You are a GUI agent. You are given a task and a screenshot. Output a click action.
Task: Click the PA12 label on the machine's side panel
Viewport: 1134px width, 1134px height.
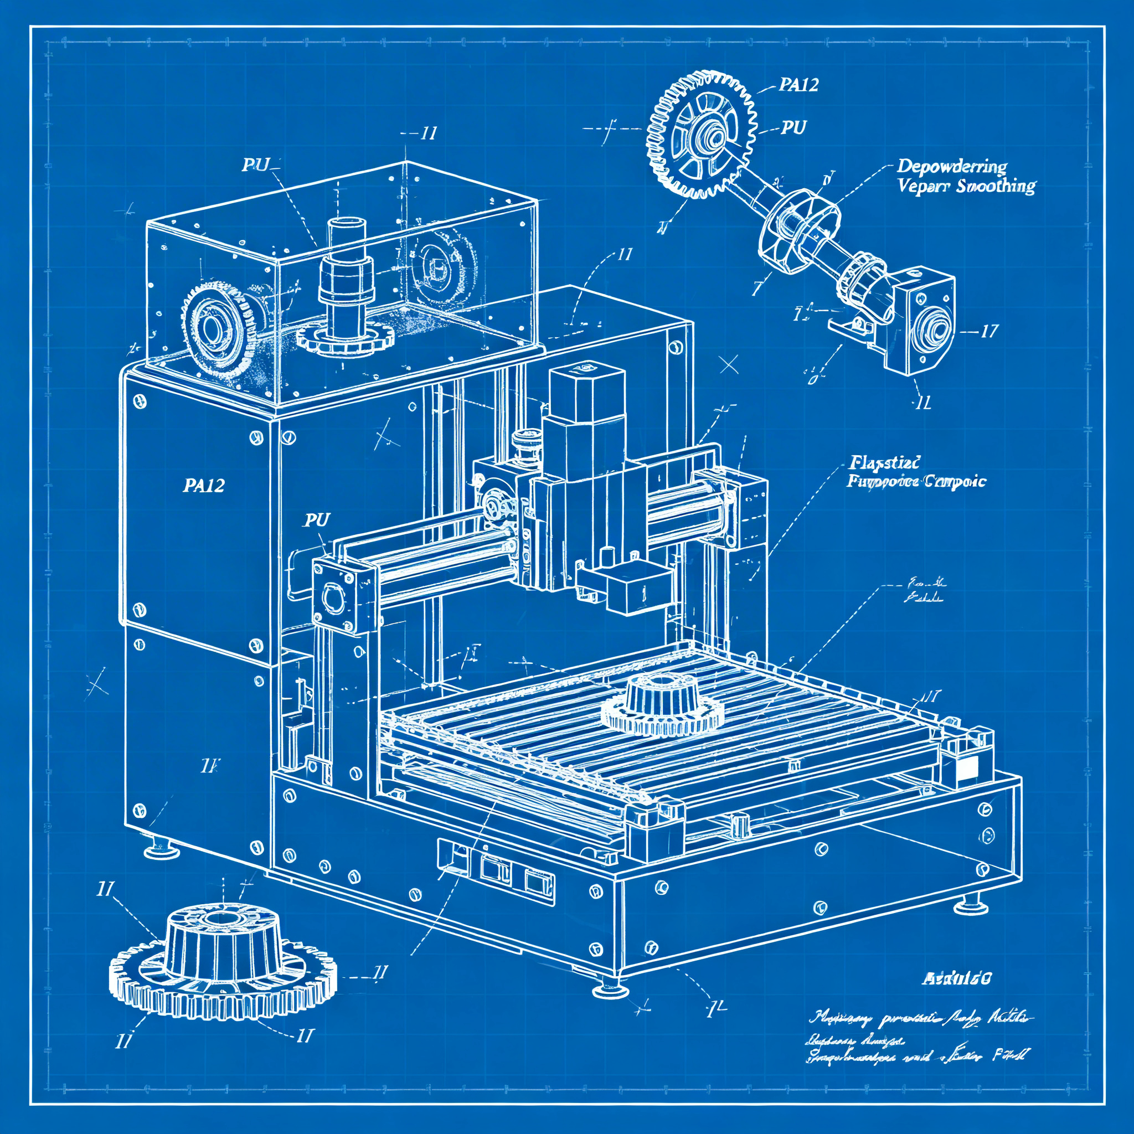point(204,486)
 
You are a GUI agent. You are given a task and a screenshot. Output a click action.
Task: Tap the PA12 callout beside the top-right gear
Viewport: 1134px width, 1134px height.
point(798,85)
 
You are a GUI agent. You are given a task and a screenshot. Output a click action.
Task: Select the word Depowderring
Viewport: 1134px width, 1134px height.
point(951,167)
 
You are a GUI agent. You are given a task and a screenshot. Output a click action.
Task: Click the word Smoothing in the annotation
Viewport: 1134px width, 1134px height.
point(996,187)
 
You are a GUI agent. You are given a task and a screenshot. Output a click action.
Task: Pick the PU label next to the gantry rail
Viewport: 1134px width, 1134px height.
point(317,520)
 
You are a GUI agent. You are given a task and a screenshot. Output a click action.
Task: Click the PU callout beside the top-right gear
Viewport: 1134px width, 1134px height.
point(793,127)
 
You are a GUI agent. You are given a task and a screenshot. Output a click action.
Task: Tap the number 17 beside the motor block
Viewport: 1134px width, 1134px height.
point(988,332)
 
